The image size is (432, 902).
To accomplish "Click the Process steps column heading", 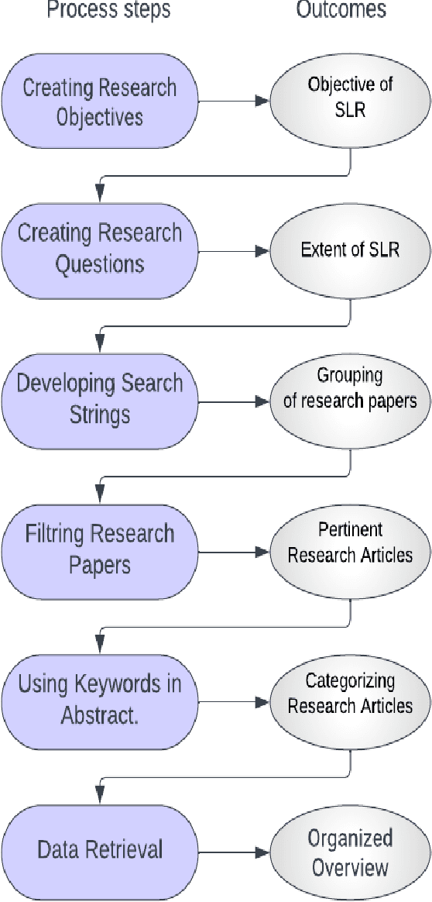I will point(108,10).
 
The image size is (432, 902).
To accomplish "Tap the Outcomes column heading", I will point(341,10).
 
